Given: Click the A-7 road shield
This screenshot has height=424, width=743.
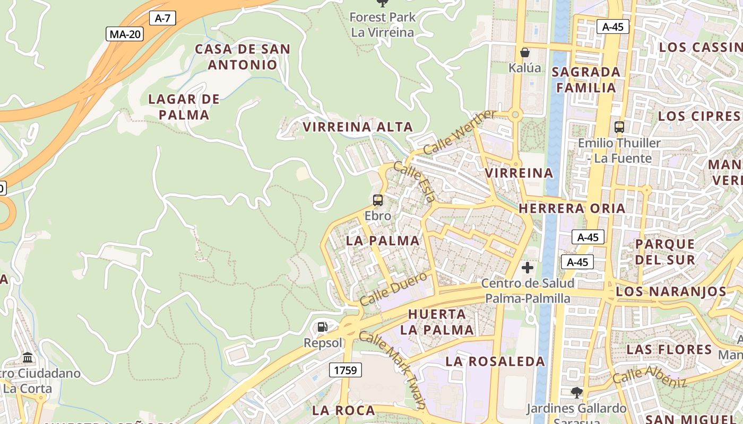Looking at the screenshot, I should coord(162,18).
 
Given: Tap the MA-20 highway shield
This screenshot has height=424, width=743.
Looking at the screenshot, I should coord(125,34).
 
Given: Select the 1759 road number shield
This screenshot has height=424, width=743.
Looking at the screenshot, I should coord(345,370).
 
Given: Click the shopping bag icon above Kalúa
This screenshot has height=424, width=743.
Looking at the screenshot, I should coord(525,52).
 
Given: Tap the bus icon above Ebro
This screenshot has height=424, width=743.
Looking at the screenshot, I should coord(378,200).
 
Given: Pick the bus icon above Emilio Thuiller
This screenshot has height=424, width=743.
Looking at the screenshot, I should coord(619,127).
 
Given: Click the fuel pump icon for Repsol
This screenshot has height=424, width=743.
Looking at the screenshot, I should coord(323,327).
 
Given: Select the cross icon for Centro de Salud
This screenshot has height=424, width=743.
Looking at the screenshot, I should coord(528,268).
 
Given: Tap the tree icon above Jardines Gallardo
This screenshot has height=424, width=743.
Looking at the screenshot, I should coord(576,393).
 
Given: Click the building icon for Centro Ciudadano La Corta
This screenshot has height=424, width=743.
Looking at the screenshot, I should coord(28,358).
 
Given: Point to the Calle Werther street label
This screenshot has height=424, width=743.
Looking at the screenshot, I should coord(460,132).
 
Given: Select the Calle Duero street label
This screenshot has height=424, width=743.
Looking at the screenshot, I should coord(393,289).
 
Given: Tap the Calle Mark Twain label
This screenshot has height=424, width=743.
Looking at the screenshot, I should coord(393,369).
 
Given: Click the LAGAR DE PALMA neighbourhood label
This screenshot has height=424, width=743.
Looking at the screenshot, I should coord(184,107).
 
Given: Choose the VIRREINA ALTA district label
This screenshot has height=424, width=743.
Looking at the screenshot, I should coord(358,127).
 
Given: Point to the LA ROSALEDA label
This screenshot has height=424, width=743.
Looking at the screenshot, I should coord(495,361).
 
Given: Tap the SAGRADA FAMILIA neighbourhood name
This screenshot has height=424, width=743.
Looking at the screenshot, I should coord(586,79).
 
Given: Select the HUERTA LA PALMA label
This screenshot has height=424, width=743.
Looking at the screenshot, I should coord(437,322).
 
